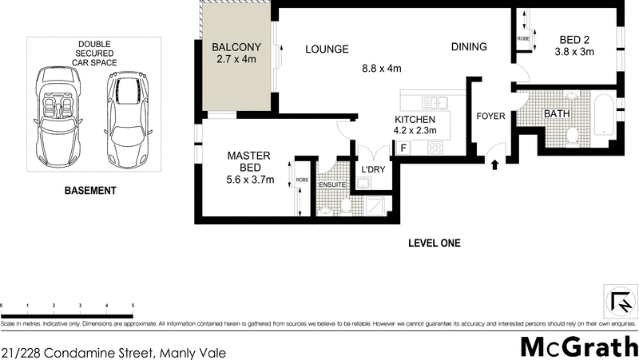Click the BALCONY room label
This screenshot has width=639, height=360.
pos(236,47)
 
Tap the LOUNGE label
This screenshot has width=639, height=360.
pos(327,49)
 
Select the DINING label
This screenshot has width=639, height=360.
pos(469,47)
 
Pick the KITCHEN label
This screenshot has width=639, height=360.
pos(415,119)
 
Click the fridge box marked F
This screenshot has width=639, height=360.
pos(403,148)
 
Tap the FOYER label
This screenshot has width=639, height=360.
pos(490,117)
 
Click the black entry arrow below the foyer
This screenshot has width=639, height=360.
pos(494,165)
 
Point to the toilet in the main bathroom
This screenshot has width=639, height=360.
pos(572,136)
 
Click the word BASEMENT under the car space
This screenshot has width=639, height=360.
pos(90,191)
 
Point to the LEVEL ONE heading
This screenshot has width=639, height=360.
pos(434,243)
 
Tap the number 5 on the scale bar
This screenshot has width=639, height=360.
pos(132,307)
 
